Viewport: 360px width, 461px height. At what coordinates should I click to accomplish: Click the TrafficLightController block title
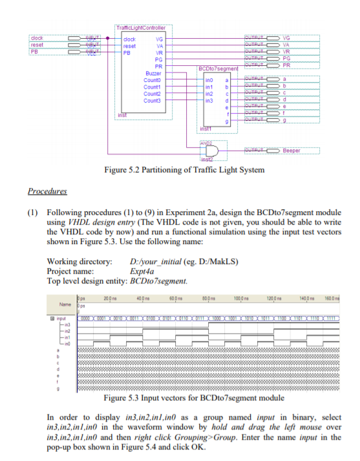(141, 28)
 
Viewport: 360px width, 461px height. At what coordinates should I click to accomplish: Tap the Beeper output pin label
(291, 150)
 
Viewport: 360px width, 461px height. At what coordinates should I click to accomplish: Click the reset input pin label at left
(37, 45)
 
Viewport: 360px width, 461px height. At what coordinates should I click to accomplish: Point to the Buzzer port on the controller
(153, 73)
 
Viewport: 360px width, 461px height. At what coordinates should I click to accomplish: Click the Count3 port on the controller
(152, 100)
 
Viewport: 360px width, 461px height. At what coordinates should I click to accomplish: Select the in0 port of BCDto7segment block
(209, 79)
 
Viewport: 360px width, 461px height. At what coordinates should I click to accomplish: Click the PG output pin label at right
(287, 58)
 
